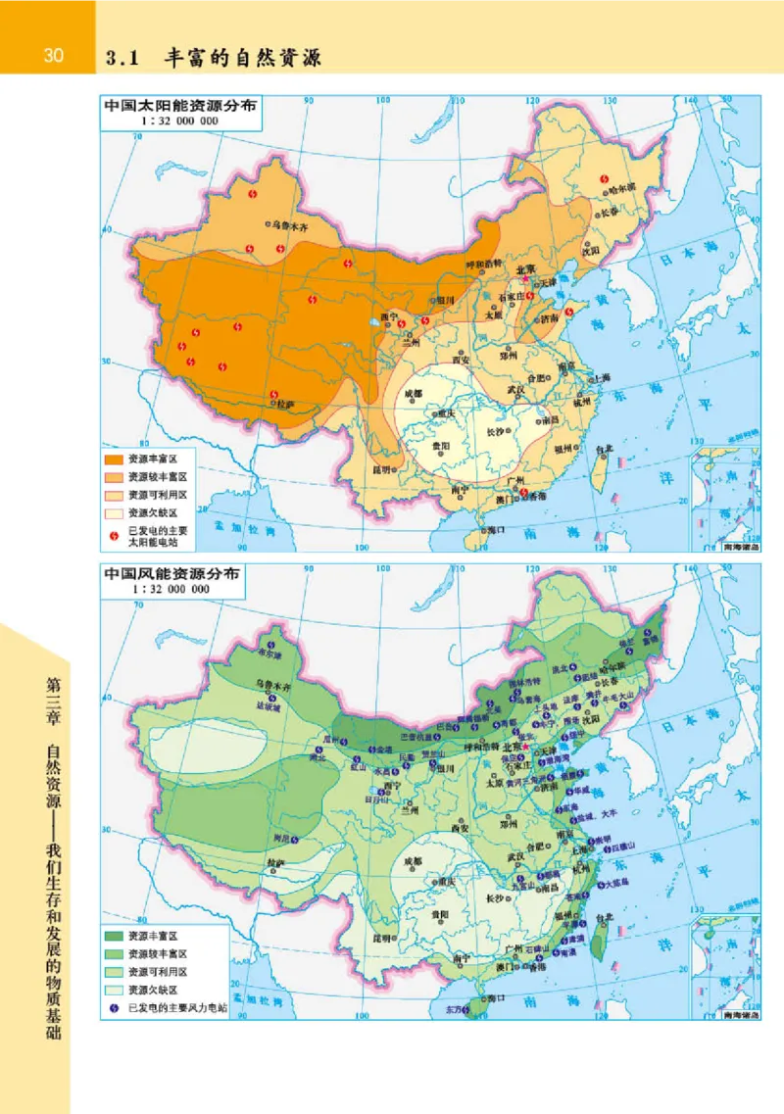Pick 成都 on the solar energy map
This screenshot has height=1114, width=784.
pos(413,394)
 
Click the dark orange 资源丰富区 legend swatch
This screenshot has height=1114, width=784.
pos(117,459)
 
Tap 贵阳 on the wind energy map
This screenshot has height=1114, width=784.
pos(439,914)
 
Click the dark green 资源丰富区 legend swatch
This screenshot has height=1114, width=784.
pos(117,935)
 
